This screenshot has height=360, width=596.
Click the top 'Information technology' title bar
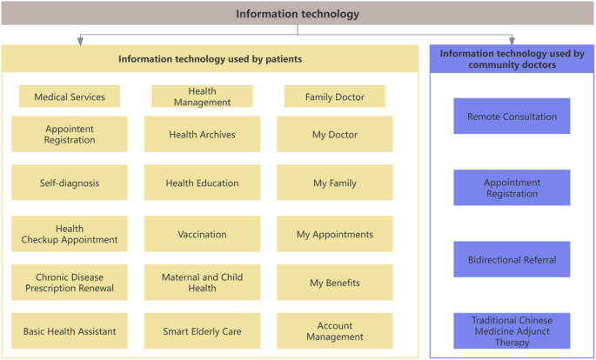[x=298, y=14]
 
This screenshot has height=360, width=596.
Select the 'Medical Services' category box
[x=70, y=97]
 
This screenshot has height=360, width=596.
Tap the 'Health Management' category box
[x=202, y=97]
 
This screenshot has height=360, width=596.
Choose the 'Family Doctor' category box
[x=335, y=97]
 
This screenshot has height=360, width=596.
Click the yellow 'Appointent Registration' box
[x=70, y=134]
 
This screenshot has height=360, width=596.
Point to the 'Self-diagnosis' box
[x=70, y=183]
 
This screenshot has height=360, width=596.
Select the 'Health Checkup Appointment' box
[x=70, y=234]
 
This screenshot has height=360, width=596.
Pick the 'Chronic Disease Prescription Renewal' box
[x=70, y=283]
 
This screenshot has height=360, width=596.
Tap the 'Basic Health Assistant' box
[x=70, y=331]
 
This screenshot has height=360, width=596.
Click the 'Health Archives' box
[x=202, y=134]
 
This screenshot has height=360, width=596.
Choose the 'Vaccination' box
[x=202, y=234]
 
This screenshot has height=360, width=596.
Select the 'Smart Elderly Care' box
[x=202, y=331]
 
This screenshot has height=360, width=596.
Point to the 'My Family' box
[x=335, y=183]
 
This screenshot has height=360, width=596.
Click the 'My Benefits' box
[x=335, y=283]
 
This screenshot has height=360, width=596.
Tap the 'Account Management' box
[x=335, y=331]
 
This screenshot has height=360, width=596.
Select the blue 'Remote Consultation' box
[x=512, y=116]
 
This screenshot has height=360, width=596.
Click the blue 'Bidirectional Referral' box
[x=512, y=259]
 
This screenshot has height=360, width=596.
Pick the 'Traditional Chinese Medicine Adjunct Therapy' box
[x=512, y=330]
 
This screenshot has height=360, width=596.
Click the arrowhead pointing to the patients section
[x=81, y=40]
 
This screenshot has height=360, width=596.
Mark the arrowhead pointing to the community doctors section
[x=512, y=40]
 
